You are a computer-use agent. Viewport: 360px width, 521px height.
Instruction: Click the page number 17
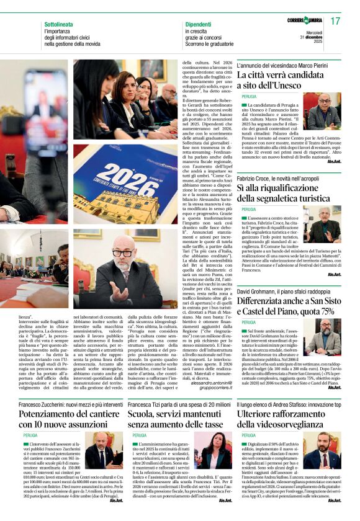[x=335, y=21]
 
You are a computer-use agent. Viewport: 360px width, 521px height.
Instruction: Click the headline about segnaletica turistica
[x=285, y=192]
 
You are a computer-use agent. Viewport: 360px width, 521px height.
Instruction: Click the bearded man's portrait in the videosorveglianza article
[x=322, y=450]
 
